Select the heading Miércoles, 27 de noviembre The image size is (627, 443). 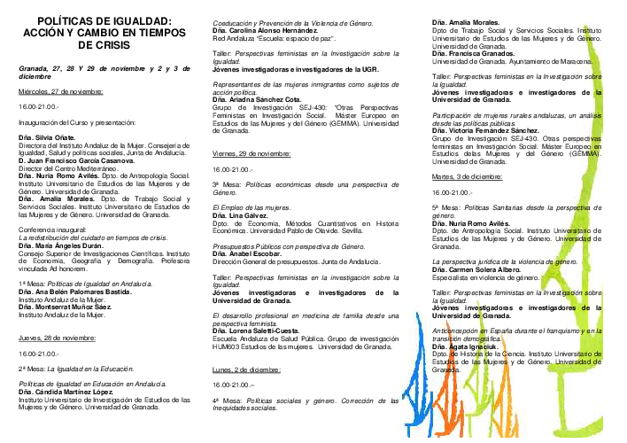coord(60,91)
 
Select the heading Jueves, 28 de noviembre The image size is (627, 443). coord(57,338)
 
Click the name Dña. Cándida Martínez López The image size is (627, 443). coord(66,391)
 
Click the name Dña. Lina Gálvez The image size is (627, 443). coord(241,216)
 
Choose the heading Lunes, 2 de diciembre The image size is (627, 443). coord(246,369)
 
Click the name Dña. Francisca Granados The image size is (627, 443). coord(473,53)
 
